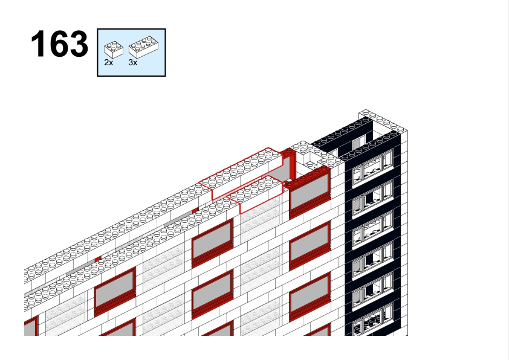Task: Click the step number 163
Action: [x=59, y=44]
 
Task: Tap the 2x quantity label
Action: [x=109, y=63]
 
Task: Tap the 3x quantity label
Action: [x=133, y=63]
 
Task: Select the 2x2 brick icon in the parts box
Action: [x=114, y=50]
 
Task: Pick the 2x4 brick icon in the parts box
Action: [x=143, y=47]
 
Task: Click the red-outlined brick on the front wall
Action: [x=256, y=194]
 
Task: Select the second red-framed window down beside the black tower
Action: [x=310, y=245]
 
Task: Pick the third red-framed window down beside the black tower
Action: [x=310, y=297]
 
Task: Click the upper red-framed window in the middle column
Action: [x=212, y=243]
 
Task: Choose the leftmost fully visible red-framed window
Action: [x=115, y=292]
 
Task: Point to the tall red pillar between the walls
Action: [x=292, y=166]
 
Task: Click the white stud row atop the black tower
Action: [x=383, y=121]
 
